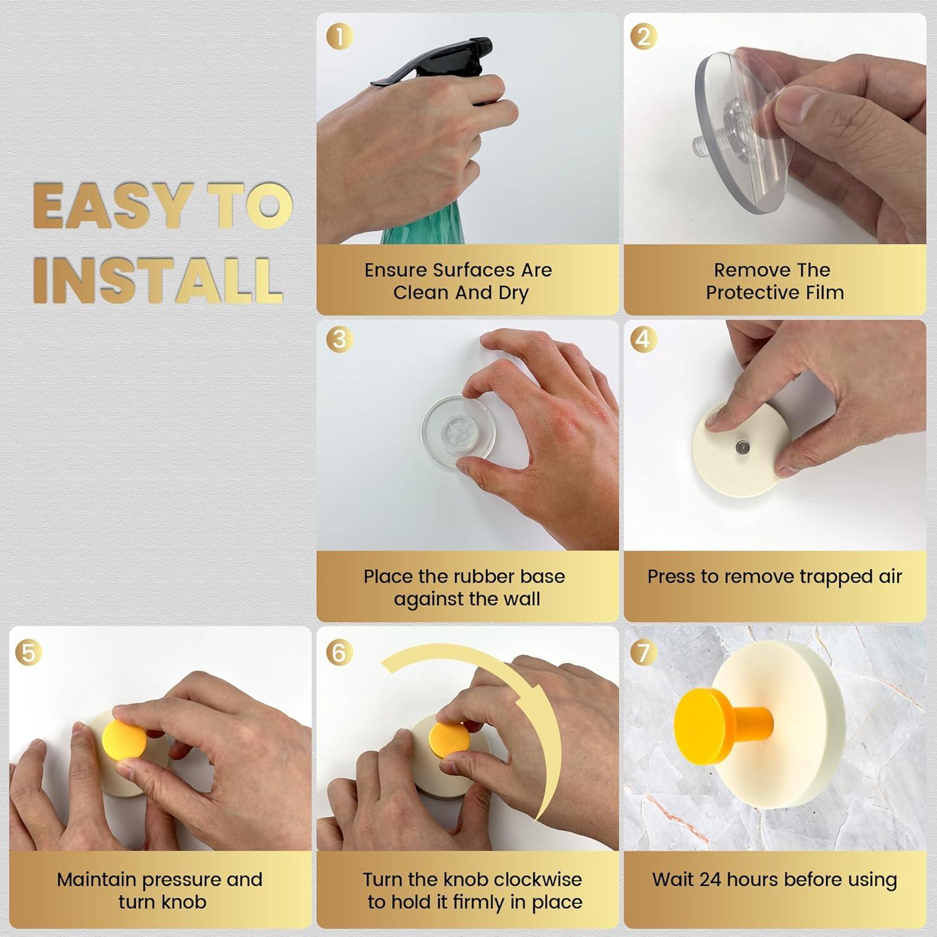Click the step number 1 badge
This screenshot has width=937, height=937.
(x=340, y=36)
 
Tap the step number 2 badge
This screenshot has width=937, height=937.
(x=643, y=36)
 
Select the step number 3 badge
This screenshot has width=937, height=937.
(x=340, y=339)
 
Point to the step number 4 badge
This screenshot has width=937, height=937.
(x=643, y=339)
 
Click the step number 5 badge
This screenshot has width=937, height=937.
(x=29, y=652)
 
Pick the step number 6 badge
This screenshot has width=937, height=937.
(x=339, y=652)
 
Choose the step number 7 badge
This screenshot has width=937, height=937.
(x=643, y=652)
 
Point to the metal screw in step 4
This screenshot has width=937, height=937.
(x=742, y=447)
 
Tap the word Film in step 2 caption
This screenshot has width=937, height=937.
(x=823, y=292)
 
